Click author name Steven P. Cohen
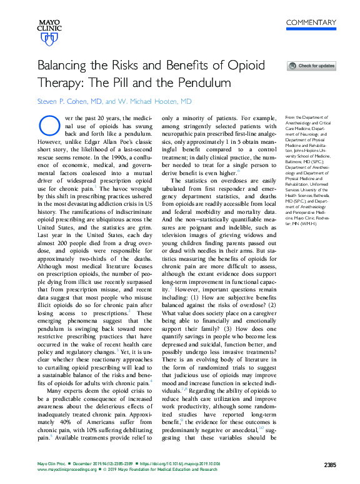click(69, 101)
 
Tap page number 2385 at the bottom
click(331, 464)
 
